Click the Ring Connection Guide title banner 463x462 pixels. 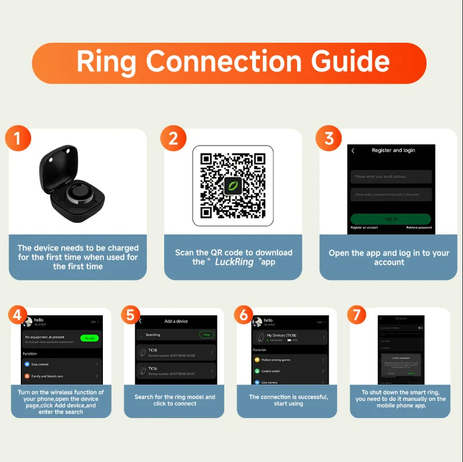click(231, 62)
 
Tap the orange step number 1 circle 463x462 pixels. click(18, 139)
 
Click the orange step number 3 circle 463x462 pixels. click(329, 139)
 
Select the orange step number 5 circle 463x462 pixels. click(131, 315)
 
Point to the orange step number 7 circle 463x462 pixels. click(357, 315)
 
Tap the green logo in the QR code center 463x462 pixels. click(232, 185)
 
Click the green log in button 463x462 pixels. click(391, 219)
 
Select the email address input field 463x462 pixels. click(391, 176)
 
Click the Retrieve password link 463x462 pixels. click(418, 228)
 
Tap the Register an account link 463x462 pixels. click(365, 228)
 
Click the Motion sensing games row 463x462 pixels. click(290, 360)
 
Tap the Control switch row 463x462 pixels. click(290, 371)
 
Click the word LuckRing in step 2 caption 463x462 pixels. click(235, 262)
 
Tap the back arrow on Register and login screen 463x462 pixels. click(353, 151)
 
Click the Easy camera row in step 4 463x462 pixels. click(61, 365)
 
